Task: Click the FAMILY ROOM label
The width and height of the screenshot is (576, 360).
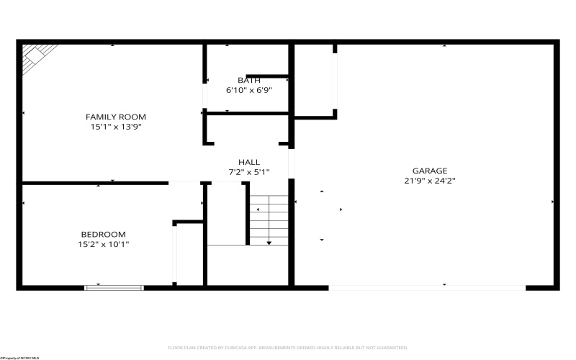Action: pyautogui.click(x=116, y=117)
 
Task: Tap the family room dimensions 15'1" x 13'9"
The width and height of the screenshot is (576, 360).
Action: pyautogui.click(x=116, y=127)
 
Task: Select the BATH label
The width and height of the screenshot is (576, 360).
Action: pyautogui.click(x=249, y=80)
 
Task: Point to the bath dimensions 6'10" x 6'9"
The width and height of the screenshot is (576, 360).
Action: pyautogui.click(x=249, y=90)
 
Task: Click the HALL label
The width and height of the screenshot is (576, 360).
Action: pyautogui.click(x=249, y=162)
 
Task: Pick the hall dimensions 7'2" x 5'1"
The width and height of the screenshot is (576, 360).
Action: pyautogui.click(x=249, y=172)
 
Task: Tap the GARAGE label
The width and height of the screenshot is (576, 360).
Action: pyautogui.click(x=430, y=171)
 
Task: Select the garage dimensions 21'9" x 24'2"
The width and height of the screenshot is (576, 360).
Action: pyautogui.click(x=430, y=181)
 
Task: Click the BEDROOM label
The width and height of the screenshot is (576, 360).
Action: pyautogui.click(x=103, y=234)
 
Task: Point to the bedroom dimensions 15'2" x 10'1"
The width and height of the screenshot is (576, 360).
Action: pyautogui.click(x=103, y=244)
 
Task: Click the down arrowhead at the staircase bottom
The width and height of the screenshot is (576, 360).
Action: pyautogui.click(x=269, y=243)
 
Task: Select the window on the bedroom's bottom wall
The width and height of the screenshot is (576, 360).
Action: pyautogui.click(x=114, y=288)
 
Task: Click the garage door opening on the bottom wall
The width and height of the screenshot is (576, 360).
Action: pyautogui.click(x=427, y=288)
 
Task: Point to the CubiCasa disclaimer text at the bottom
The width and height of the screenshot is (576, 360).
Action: pyautogui.click(x=287, y=347)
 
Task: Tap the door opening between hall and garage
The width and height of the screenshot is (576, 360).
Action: pyautogui.click(x=292, y=163)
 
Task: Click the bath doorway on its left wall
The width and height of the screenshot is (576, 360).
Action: pyautogui.click(x=204, y=94)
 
